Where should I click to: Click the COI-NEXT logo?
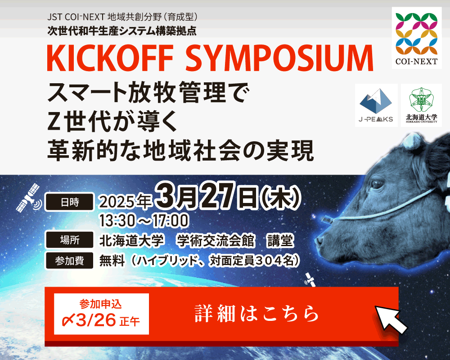[416, 38]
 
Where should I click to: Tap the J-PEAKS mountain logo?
[376, 105]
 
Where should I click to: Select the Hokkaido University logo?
[421, 105]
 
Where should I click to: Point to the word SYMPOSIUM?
[279, 58]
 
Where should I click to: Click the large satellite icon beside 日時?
[29, 198]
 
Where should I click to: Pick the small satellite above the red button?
[310, 279]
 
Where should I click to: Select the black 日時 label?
[69, 202]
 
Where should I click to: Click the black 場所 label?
[69, 240]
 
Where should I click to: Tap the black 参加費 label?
[69, 261]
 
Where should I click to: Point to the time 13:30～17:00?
[144, 221]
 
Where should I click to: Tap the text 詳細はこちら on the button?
[256, 314]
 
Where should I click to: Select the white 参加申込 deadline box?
[101, 314]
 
